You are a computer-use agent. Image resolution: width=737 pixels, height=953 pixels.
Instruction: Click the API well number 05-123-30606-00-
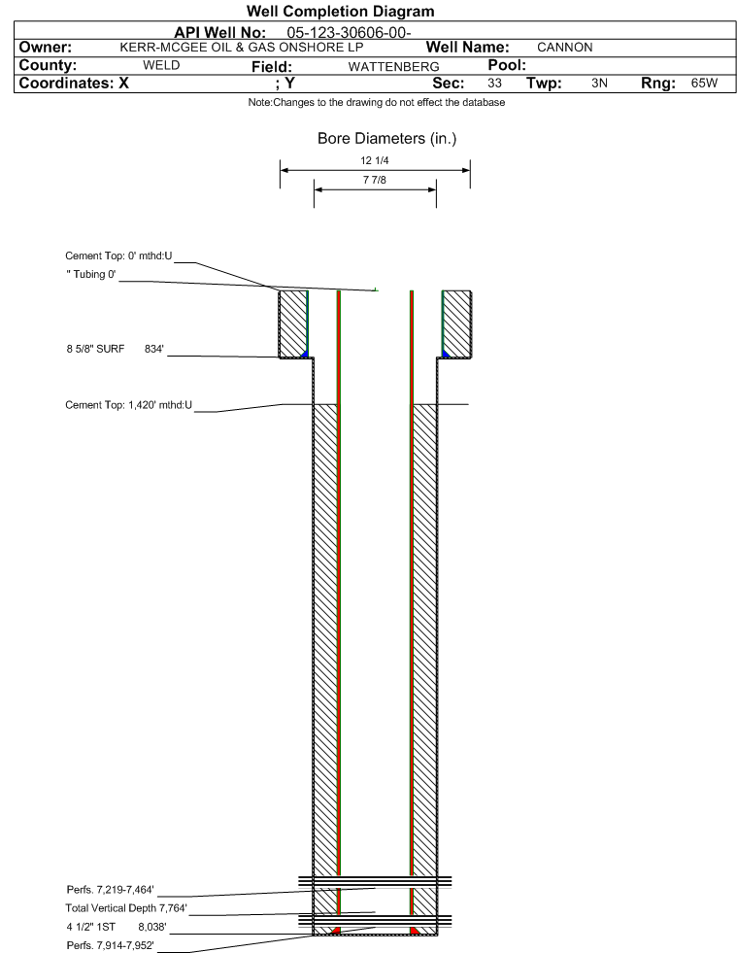pyautogui.click(x=349, y=33)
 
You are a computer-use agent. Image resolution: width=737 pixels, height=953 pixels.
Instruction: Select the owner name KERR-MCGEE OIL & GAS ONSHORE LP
pyautogui.click(x=242, y=48)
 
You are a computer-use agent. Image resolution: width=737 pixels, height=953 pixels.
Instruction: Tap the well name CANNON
pyautogui.click(x=564, y=48)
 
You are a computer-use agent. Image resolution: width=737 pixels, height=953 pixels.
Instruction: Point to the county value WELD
pyautogui.click(x=161, y=65)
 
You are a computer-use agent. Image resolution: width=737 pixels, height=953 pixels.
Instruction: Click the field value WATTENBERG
pyautogui.click(x=393, y=67)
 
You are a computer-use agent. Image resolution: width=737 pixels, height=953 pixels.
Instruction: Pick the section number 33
pyautogui.click(x=494, y=84)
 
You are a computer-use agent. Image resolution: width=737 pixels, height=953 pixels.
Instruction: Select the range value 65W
pyautogui.click(x=704, y=84)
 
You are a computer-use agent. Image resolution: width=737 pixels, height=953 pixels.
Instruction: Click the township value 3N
pyautogui.click(x=599, y=84)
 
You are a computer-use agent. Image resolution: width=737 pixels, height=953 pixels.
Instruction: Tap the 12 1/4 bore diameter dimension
pyautogui.click(x=374, y=160)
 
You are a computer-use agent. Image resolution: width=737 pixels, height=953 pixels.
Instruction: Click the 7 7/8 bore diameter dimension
pyautogui.click(x=374, y=180)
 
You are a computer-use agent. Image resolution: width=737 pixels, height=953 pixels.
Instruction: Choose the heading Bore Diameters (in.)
pyautogui.click(x=387, y=139)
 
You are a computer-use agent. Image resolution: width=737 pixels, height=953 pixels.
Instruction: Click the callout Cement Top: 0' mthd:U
pyautogui.click(x=118, y=255)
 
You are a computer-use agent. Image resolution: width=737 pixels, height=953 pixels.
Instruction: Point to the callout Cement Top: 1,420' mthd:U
pyautogui.click(x=128, y=405)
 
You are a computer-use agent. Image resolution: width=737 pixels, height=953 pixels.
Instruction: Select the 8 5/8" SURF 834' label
pyautogui.click(x=115, y=349)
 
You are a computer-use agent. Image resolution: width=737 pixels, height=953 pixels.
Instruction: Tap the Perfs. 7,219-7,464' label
pyautogui.click(x=110, y=890)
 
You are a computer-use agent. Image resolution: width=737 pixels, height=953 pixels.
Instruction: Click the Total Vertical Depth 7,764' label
pyautogui.click(x=126, y=908)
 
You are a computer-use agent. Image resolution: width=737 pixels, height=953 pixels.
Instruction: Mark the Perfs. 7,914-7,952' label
pyautogui.click(x=110, y=945)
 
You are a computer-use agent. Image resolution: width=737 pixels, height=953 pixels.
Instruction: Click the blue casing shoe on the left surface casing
pyautogui.click(x=305, y=353)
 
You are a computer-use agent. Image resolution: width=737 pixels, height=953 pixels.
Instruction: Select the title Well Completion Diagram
pyautogui.click(x=340, y=11)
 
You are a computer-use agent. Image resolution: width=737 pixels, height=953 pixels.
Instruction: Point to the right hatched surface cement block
pyautogui.click(x=456, y=323)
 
